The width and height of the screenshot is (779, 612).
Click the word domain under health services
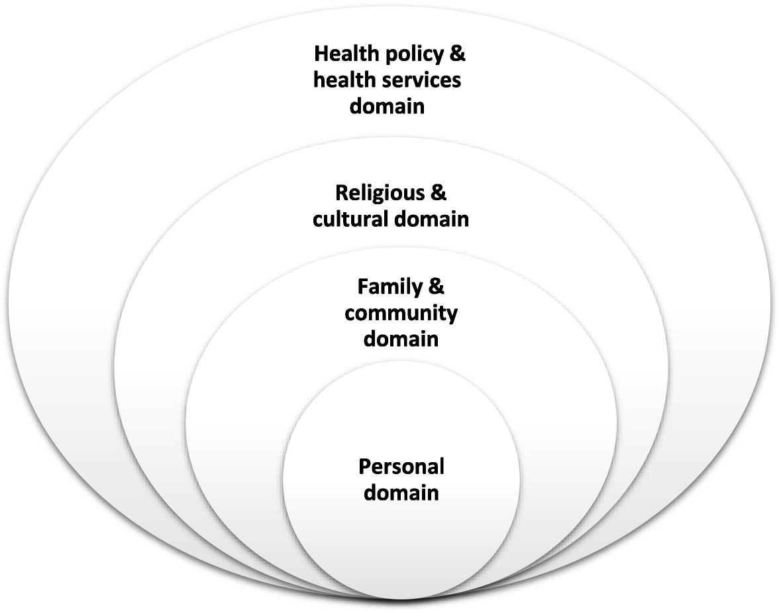[x=387, y=105]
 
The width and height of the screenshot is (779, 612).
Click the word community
[x=401, y=313]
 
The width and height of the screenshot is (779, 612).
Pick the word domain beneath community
[x=401, y=338]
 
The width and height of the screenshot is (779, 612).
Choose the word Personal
[x=401, y=467]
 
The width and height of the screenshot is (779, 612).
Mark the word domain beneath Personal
[x=401, y=493]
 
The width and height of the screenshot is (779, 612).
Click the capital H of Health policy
[x=321, y=53]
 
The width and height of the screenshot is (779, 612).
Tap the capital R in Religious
[x=342, y=193]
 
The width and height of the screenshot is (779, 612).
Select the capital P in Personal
[x=365, y=467]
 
